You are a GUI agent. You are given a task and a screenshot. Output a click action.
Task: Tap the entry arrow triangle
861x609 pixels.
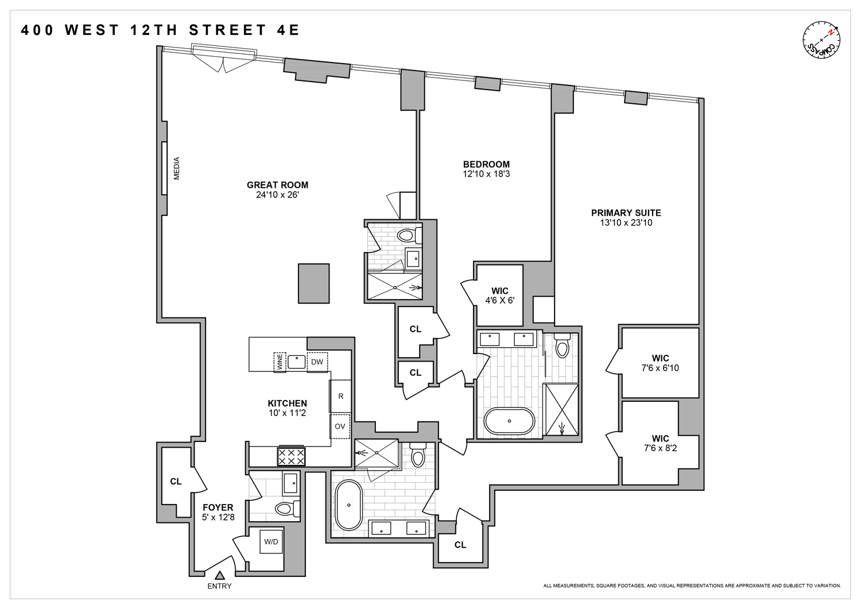pos(219,575)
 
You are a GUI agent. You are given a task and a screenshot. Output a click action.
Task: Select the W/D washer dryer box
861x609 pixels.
pos(271,542)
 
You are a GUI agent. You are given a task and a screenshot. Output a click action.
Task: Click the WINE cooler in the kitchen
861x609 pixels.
pos(280,362)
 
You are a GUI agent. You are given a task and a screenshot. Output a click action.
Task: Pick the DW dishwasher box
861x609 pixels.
pos(317,362)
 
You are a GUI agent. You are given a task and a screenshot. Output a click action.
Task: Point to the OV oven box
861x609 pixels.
pos(340,426)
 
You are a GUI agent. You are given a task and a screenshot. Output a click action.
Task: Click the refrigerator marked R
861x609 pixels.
pos(340,396)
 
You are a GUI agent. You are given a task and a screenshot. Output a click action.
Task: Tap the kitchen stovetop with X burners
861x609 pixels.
pos(291,457)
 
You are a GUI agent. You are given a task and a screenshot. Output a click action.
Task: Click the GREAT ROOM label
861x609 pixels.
pos(277,185)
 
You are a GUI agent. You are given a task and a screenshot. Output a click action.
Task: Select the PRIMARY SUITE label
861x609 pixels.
pos(626,213)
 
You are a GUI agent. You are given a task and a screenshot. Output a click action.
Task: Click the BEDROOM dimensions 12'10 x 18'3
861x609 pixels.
pos(486,174)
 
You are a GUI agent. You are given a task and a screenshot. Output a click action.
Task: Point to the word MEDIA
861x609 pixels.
pos(176,168)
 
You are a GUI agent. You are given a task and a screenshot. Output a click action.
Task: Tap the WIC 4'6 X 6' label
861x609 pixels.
pos(500,296)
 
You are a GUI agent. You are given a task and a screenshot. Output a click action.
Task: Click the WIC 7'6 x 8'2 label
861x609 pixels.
pos(660,443)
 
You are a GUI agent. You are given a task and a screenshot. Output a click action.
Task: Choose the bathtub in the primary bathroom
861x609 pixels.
pos(509,421)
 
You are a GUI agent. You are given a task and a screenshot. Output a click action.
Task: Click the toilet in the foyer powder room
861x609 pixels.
pos(286,509)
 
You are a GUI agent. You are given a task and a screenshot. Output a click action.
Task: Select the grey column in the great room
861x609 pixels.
pos(313,284)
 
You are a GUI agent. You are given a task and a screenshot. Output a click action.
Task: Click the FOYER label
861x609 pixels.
pos(218,507)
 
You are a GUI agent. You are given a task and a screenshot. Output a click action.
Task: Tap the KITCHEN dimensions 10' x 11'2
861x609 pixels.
pos(287,413)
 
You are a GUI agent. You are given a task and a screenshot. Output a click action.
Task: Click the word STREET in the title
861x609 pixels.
pos(228,30)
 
